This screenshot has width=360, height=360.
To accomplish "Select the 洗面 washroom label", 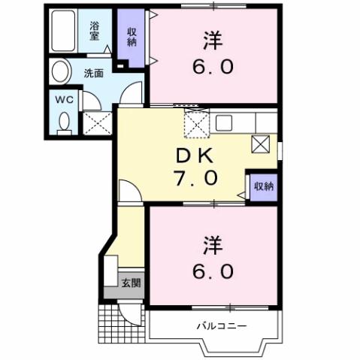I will coord(94,73).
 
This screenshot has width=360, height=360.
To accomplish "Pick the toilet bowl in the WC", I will coord(63,121).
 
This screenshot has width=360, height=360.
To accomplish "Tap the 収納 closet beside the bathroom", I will coord(132,37).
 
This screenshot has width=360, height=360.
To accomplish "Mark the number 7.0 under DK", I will coord(198,178).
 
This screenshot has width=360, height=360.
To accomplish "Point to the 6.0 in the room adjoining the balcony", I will coord(211,268).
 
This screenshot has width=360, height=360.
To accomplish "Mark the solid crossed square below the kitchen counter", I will coord(260,143).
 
